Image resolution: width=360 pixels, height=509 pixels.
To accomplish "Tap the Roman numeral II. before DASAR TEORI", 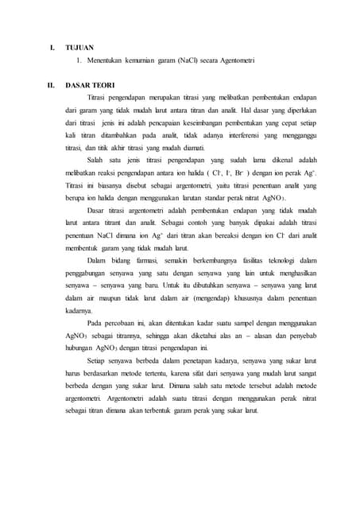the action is (52, 84).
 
